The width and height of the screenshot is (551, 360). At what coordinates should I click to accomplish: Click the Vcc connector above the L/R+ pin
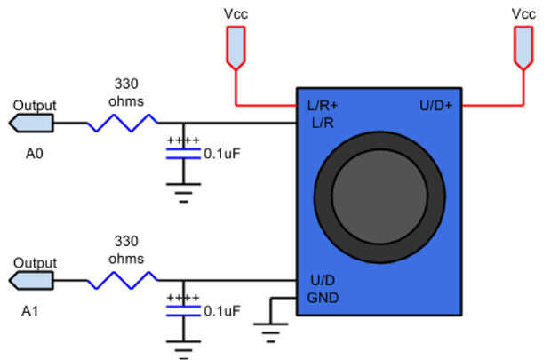pos(235,48)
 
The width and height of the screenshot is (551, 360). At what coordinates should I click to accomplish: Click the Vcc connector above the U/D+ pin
pos(523,48)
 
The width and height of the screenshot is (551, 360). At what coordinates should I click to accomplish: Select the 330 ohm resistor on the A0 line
pos(123,123)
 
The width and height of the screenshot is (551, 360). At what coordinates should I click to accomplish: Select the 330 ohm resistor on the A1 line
pos(123,282)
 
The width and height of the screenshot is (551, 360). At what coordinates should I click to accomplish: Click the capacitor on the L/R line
pos(184,153)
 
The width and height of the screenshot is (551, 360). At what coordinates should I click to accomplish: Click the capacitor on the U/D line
pos(184,311)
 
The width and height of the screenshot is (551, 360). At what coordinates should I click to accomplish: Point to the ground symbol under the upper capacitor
pos(184,193)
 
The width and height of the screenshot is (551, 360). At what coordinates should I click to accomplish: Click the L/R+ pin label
pos(322,106)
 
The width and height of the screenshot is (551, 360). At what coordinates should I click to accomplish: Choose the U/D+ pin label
pos(435,106)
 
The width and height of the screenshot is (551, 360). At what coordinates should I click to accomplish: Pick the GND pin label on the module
pos(323,297)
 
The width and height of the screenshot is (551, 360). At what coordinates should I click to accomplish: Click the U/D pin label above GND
pos(321,281)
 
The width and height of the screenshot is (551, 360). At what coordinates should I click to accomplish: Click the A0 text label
pos(33,152)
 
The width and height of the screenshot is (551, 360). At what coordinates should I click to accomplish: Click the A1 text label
pos(33,312)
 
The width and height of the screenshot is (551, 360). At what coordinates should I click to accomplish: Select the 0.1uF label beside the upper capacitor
pos(222,153)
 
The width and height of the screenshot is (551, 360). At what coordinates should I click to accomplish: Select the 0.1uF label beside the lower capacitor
pos(222,311)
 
